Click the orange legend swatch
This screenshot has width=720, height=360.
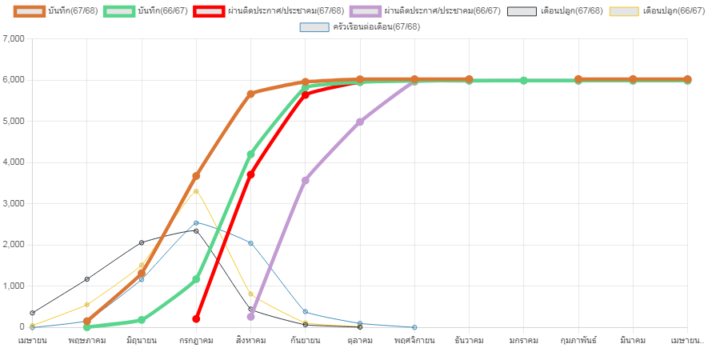point(30,11)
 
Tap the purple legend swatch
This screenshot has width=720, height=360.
point(366,11)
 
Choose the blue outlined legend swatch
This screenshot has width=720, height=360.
point(314,27)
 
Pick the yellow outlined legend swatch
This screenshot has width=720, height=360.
point(624,11)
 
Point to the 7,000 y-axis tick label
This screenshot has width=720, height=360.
point(14,38)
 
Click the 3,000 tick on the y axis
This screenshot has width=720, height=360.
point(14,203)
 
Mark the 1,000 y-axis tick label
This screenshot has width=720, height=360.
point(14,286)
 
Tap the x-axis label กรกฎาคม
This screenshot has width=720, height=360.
point(196,341)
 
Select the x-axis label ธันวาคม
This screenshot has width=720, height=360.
point(469,341)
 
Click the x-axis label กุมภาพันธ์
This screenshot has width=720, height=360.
point(578,341)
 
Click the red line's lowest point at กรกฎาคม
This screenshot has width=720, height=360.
point(196,318)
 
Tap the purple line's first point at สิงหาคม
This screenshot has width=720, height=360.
point(250,317)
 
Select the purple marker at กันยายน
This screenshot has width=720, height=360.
point(305,180)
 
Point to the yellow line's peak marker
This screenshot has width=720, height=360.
point(196,191)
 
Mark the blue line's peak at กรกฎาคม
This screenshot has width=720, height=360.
point(196,223)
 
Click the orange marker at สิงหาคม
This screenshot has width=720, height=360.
point(250,94)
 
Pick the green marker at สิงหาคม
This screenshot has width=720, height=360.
point(250,154)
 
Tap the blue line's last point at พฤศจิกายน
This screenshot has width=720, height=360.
point(414,327)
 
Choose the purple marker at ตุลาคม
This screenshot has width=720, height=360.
point(360,122)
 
